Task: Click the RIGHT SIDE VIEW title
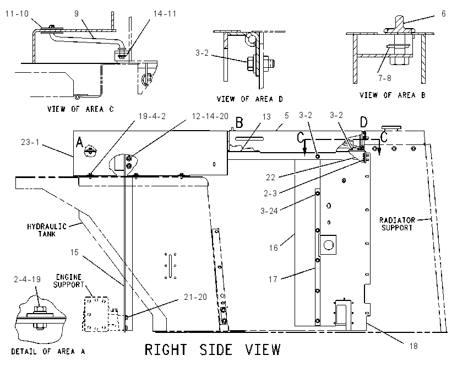(213, 349)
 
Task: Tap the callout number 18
(413, 346)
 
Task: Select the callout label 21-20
(195, 297)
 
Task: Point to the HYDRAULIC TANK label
(47, 230)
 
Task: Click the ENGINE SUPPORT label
(69, 281)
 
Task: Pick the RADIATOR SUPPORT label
(398, 224)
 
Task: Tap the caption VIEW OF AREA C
(80, 109)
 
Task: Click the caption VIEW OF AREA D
(249, 99)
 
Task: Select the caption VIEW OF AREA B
(392, 95)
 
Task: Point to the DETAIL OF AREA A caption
(48, 351)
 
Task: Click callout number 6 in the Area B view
(444, 14)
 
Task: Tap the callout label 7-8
(385, 78)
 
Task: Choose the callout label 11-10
(17, 14)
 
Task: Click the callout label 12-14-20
(210, 116)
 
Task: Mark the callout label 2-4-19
(27, 279)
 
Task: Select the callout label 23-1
(30, 142)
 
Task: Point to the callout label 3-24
(269, 211)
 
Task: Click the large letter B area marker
(240, 122)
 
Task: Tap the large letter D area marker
(363, 122)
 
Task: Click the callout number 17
(273, 279)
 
